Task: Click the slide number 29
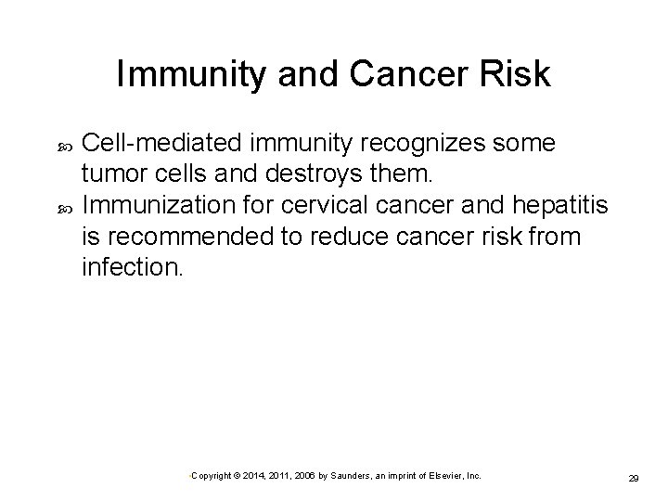pyautogui.click(x=635, y=477)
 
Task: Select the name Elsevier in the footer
pyautogui.click(x=447, y=475)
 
